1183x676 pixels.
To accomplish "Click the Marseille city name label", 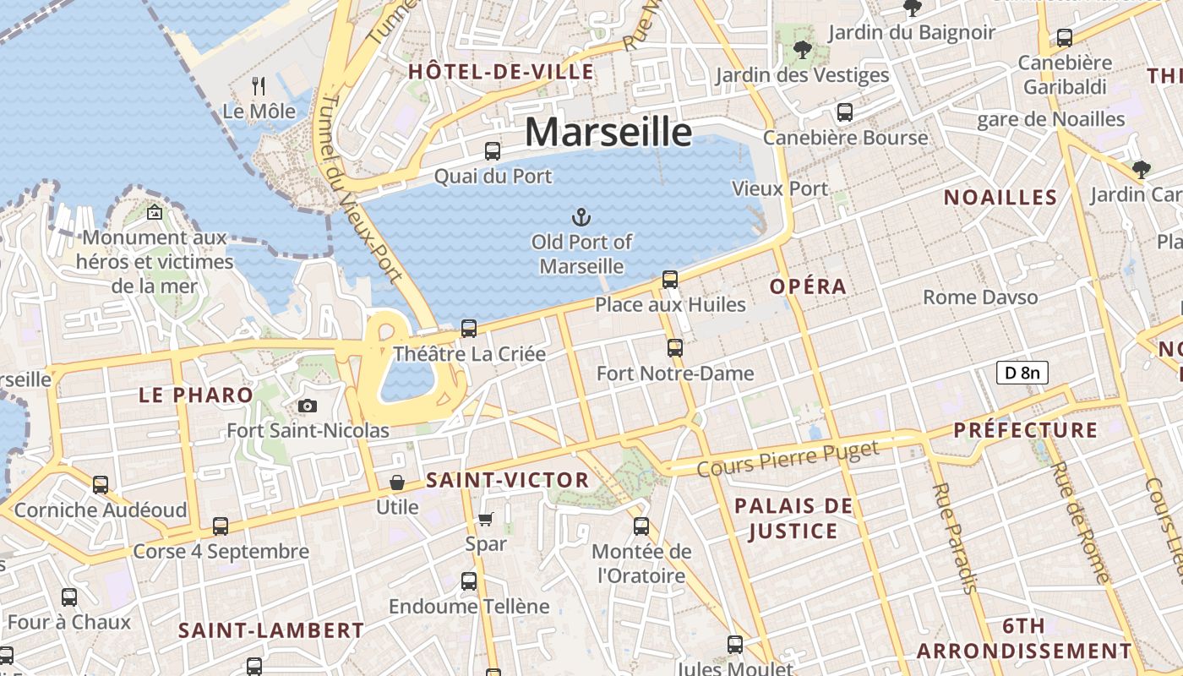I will pos(608,133).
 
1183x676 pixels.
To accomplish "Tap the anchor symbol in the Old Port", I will pos(581,218).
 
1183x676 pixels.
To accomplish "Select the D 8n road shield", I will pos(1022,373).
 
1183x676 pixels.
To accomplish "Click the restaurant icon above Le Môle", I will pos(259,85).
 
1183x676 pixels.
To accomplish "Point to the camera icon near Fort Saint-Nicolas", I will pos(308,406).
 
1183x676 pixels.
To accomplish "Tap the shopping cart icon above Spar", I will pos(485,519).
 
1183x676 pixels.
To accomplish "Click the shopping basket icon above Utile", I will pos(396,482).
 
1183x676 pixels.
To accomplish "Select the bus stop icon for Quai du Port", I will pos(493,151).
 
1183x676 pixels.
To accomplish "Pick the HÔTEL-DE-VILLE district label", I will pos(501,72).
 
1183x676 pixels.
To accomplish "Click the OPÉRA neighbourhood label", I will pos(808,286).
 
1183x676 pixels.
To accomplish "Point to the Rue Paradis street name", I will pos(955,537).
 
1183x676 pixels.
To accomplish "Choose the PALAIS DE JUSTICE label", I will pos(793,519).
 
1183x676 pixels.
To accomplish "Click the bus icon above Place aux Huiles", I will pos(670,279).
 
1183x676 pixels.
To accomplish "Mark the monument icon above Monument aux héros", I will pos(154,212).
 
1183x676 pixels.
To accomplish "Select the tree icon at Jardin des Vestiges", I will pos(802,50).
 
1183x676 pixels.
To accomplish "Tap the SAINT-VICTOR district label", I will pos(508,481).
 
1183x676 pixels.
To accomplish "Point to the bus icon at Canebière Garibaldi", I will pos(1065,38).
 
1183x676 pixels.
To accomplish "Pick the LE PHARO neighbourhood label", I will pos(196,395).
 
